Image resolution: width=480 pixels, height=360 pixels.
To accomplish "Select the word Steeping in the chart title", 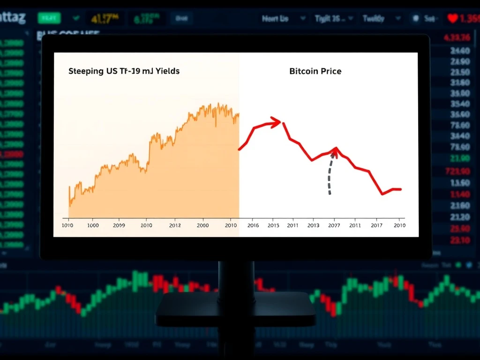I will pyautogui.click(x=86, y=71).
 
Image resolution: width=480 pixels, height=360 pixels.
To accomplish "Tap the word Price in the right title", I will pyautogui.click(x=330, y=71).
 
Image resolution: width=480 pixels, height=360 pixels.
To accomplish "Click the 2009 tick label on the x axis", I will pyautogui.click(x=119, y=225).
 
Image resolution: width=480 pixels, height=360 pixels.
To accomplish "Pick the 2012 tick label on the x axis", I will pyautogui.click(x=174, y=225).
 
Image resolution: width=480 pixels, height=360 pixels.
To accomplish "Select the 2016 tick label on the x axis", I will pyautogui.click(x=253, y=225).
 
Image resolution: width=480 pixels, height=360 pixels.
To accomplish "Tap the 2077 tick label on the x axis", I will pyautogui.click(x=334, y=225).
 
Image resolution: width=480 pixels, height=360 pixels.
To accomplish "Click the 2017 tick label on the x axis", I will pyautogui.click(x=377, y=225).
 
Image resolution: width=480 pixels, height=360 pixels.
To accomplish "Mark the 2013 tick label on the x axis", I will pyautogui.click(x=313, y=225).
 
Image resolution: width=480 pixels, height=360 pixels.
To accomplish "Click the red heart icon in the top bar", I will pyautogui.click(x=452, y=19).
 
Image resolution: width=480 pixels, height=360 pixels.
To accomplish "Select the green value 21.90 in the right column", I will pyautogui.click(x=459, y=158).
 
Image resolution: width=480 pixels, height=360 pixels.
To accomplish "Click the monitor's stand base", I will pyautogui.click(x=236, y=309).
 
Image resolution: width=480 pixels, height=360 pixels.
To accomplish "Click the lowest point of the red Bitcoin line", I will pyautogui.click(x=383, y=194).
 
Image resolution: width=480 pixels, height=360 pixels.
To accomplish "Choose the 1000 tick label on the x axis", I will pyautogui.click(x=92, y=225).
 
